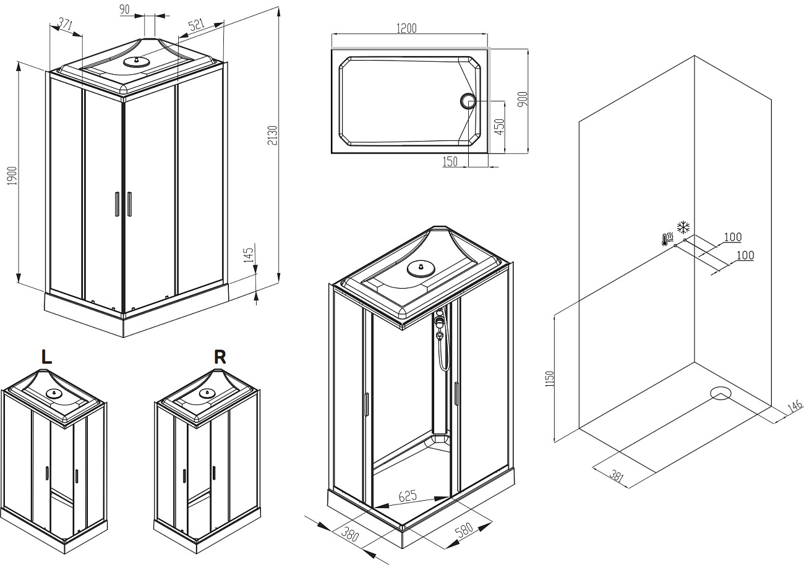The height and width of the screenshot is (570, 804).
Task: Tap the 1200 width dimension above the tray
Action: (406, 28)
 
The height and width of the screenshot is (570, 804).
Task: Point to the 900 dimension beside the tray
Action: (521, 100)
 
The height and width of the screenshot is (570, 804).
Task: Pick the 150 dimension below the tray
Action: (450, 161)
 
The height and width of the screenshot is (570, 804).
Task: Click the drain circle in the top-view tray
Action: (467, 101)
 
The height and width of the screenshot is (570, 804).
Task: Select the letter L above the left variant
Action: (46, 356)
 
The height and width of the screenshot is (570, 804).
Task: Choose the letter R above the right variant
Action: (220, 356)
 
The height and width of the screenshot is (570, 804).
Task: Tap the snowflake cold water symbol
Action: (683, 226)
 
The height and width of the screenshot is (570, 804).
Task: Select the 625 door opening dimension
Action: (407, 496)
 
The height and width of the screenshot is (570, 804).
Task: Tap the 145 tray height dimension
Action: (249, 255)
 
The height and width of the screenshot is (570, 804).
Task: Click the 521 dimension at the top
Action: (195, 25)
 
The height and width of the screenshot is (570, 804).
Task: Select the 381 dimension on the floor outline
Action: (615, 476)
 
